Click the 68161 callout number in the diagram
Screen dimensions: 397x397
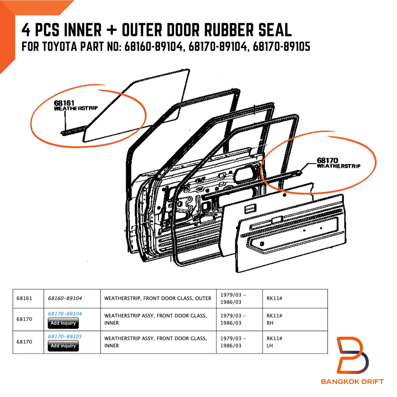(64, 103)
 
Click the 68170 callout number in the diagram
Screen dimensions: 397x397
(328, 160)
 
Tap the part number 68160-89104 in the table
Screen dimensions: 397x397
(65, 298)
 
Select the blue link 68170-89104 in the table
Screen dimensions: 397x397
(65, 314)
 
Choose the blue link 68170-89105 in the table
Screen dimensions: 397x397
(65, 337)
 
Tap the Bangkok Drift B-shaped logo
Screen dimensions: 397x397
(352, 355)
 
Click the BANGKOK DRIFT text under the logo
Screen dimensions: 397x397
(352, 381)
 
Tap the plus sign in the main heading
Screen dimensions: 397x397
(112, 30)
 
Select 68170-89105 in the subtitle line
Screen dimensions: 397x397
(282, 47)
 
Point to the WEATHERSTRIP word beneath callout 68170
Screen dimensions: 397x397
(339, 166)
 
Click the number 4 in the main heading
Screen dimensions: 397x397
(26, 30)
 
